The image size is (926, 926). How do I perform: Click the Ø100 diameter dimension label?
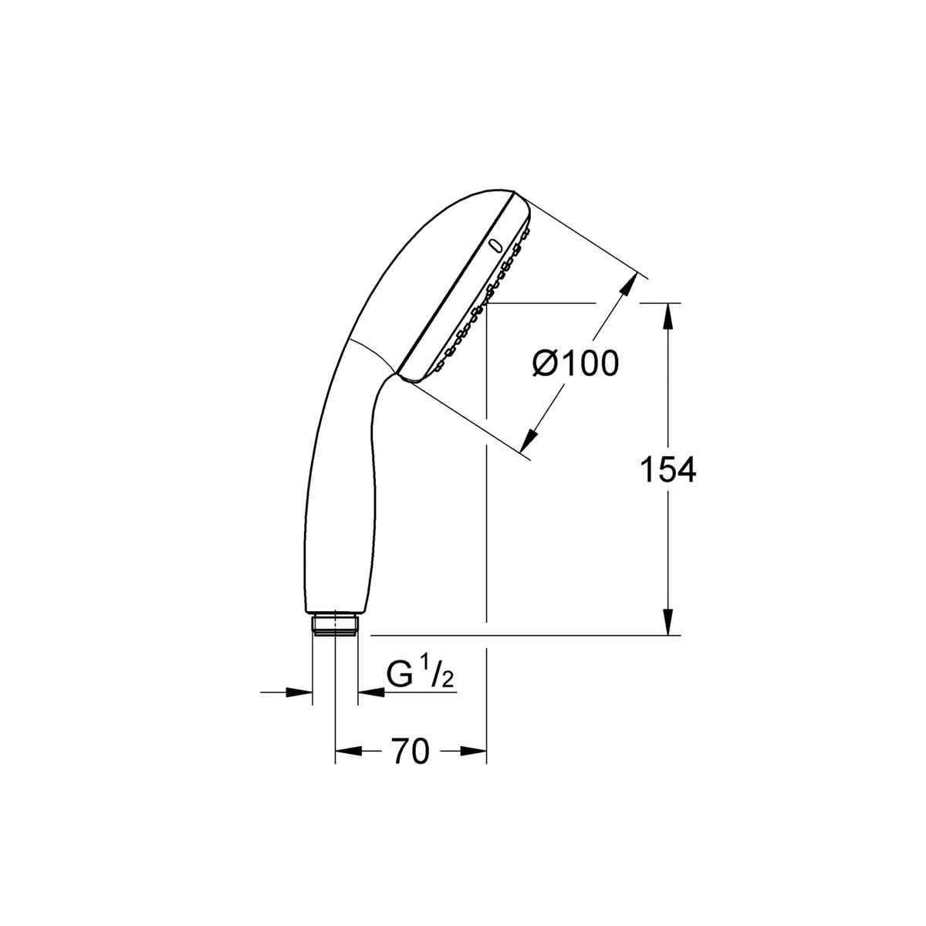coord(576,363)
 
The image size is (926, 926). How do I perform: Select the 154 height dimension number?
coord(668,469)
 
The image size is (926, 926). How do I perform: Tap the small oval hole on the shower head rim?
coord(495,245)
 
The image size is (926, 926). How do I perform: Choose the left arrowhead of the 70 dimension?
coord(345,751)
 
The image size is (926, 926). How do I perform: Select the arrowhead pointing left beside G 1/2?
coord(369,692)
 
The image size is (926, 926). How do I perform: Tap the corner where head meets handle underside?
coord(399,374)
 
